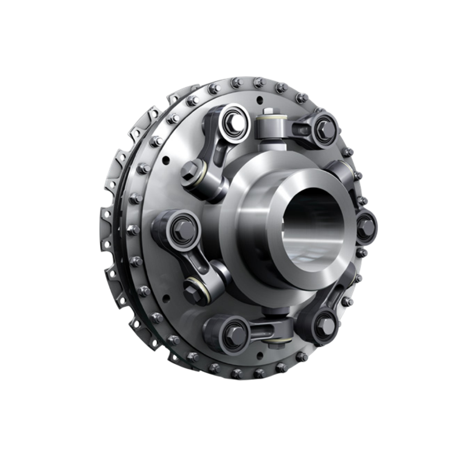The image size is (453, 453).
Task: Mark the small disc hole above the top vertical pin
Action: pos(260,100)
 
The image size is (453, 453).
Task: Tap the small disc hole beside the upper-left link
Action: pos(167,160)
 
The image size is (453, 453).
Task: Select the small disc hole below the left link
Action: pos(167,299)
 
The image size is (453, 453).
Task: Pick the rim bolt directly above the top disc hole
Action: pos(259,82)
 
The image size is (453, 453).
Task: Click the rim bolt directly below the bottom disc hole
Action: pos(259,372)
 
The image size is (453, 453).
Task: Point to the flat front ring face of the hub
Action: pos(279,260)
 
